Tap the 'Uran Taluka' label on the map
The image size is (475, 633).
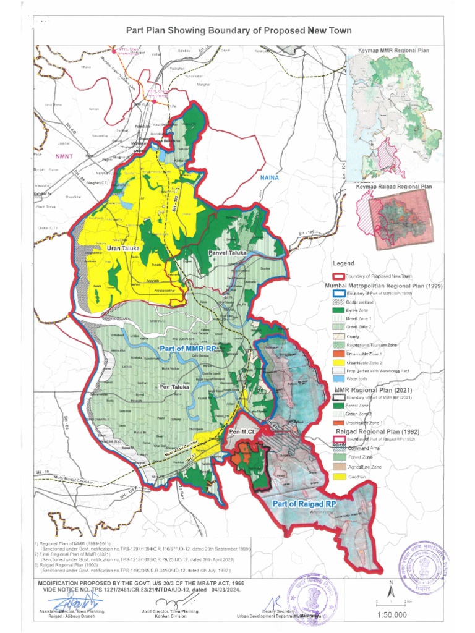click(123, 248)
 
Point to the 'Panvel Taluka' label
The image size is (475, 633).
click(227, 253)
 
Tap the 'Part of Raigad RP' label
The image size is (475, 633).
click(304, 505)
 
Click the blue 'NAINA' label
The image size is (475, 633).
click(270, 178)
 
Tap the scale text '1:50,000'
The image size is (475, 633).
click(392, 615)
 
